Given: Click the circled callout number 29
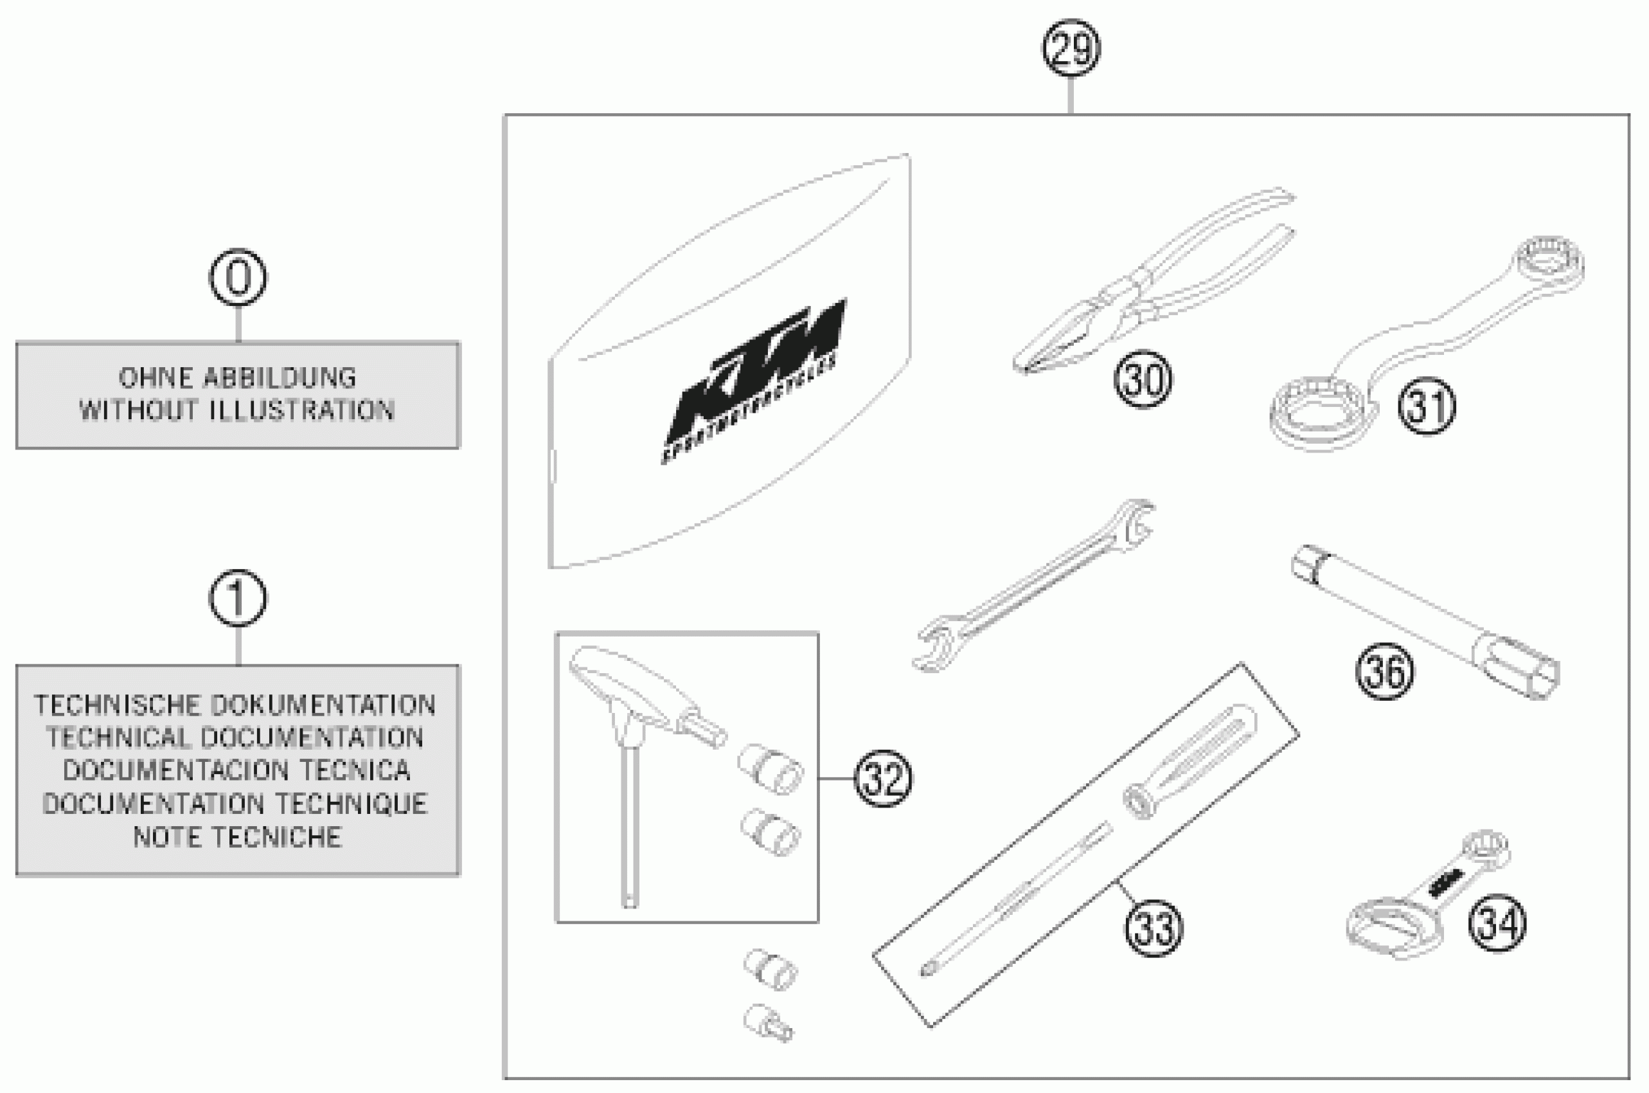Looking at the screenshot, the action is pos(1071,48).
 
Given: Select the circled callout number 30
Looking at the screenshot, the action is pos(1143,380).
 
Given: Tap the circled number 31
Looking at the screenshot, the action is pos(1426,406).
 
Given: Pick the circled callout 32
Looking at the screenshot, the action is pos(883,779).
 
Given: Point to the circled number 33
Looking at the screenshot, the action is pos(1154,927).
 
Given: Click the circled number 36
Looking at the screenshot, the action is pos(1384,671).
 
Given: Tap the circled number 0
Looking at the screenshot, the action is pos(238,278).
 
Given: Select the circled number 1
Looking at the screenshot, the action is pos(238,598).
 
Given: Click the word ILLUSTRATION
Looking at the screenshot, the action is pos(302,411).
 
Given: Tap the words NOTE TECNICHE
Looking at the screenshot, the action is pos(237,836).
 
